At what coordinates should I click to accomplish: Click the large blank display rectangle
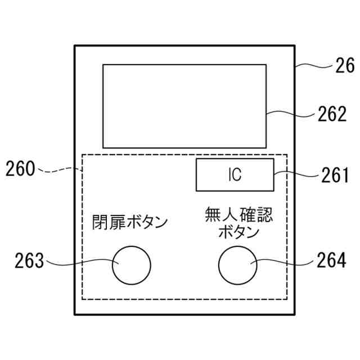[x=184, y=106]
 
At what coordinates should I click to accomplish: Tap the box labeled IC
[x=235, y=175]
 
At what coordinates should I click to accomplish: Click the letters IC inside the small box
[x=235, y=175]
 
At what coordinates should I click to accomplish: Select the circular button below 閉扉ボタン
[x=132, y=265]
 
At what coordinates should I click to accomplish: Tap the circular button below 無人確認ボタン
[x=237, y=265]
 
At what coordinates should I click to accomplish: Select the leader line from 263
[x=79, y=263]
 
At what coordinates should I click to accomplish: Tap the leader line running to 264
[x=281, y=262]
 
